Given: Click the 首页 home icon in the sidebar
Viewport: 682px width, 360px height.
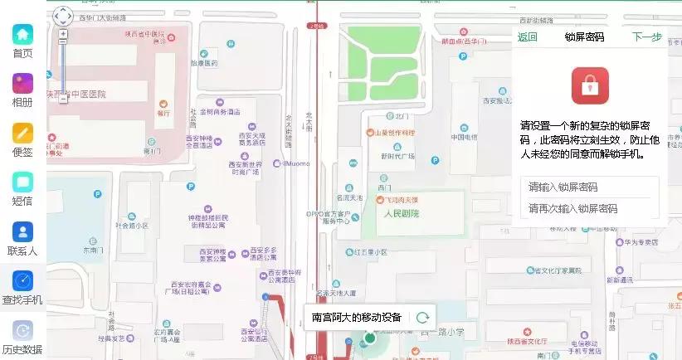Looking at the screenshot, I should pyautogui.click(x=22, y=35).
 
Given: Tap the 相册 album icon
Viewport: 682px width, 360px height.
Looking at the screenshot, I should pyautogui.click(x=22, y=84).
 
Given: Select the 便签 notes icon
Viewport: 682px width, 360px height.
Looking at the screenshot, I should pyautogui.click(x=22, y=133).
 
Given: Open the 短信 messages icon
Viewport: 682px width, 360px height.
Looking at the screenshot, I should pyautogui.click(x=22, y=182).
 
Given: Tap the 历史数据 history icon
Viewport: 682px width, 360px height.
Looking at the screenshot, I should pyautogui.click(x=22, y=330).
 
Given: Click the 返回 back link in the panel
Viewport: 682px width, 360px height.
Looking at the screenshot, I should pyautogui.click(x=528, y=36).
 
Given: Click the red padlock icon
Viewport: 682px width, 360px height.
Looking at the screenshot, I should pyautogui.click(x=590, y=86).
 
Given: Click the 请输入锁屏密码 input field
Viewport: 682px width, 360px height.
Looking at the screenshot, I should pyautogui.click(x=589, y=187).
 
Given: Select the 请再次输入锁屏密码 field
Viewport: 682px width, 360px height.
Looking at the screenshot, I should pyautogui.click(x=589, y=208).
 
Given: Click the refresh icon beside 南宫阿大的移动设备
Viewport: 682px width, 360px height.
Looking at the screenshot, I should pyautogui.click(x=422, y=317).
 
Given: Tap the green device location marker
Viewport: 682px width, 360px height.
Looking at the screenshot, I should pyautogui.click(x=370, y=338).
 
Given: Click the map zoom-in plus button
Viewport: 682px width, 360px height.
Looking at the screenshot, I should pyautogui.click(x=63, y=34).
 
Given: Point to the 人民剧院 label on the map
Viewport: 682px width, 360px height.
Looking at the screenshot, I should pyautogui.click(x=402, y=213).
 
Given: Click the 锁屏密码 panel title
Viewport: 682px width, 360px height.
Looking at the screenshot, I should pyautogui.click(x=584, y=36).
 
